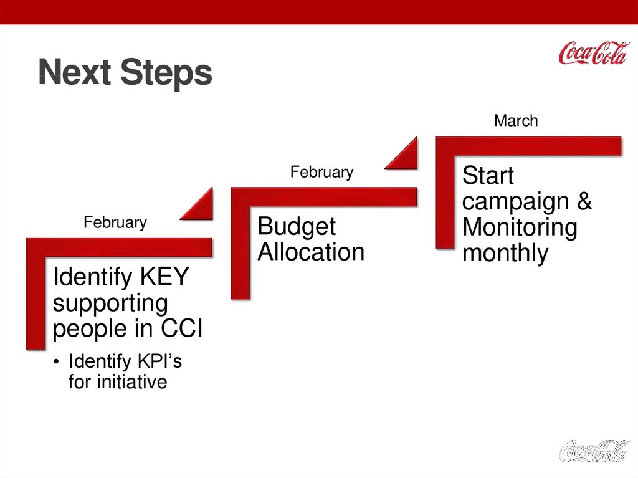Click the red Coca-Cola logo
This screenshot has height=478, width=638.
[x=594, y=53]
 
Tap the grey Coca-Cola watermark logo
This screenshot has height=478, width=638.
[x=594, y=451]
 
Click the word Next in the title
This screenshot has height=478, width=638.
[x=75, y=72]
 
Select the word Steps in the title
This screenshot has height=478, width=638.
[x=166, y=73]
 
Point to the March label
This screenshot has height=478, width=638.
[x=516, y=120]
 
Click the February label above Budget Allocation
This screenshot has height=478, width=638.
[x=322, y=172]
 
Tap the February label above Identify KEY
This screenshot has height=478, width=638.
[x=115, y=222]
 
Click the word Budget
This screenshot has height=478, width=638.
[x=297, y=227]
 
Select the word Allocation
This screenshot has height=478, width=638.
[x=311, y=252]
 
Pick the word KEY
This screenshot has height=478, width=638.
[x=164, y=277]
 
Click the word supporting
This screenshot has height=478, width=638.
[x=110, y=304]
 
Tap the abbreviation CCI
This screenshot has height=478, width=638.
[x=181, y=328]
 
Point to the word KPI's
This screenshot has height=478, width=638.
[x=160, y=361]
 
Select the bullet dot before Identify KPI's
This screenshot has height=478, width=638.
[x=56, y=361]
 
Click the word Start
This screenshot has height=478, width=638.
[x=488, y=176]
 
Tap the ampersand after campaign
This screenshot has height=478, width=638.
[x=584, y=201]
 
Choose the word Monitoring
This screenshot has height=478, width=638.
[x=520, y=227]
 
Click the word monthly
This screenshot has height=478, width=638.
[x=505, y=253]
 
